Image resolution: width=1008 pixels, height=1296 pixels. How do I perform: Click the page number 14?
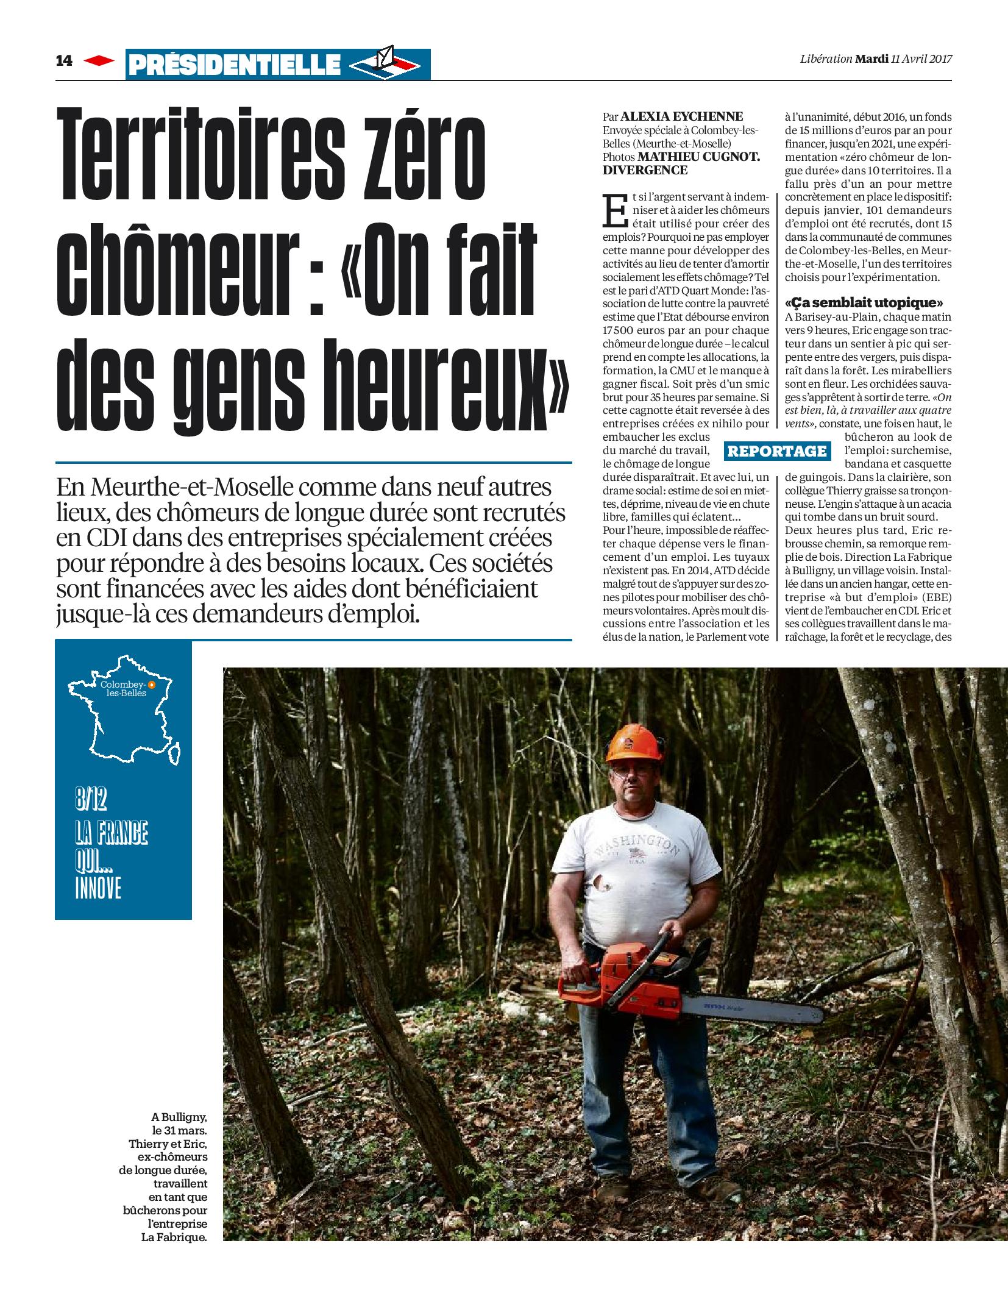(x=64, y=61)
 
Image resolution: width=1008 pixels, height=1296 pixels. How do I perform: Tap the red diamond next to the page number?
(x=99, y=61)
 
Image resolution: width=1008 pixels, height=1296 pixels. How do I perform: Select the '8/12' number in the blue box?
(x=91, y=799)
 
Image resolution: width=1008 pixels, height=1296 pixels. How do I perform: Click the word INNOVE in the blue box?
(x=99, y=889)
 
